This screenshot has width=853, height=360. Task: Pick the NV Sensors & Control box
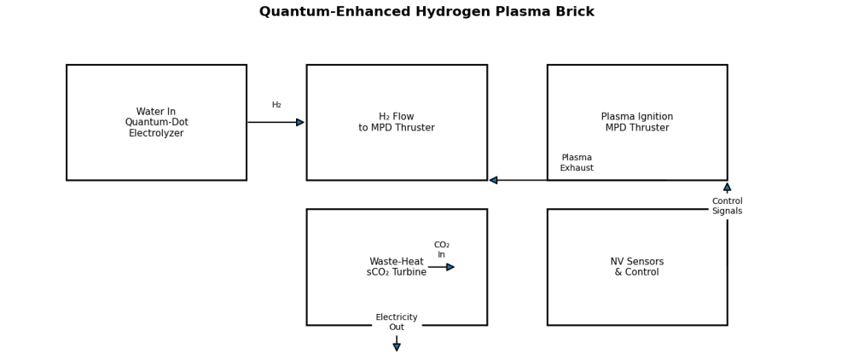pos(636,299)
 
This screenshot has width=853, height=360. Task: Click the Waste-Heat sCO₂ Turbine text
pos(397,267)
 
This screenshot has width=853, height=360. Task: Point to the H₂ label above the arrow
pos(276,105)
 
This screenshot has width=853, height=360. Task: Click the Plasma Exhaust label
pos(577,163)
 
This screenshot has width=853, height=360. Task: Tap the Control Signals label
pos(727,206)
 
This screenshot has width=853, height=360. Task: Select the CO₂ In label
pos(441,250)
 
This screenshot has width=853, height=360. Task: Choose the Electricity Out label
pos(397,322)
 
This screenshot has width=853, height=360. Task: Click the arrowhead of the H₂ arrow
pos(300,122)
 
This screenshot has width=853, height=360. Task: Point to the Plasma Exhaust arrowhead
pos(493,180)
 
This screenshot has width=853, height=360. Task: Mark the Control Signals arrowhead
pos(727,187)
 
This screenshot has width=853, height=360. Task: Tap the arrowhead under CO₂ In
pos(450,267)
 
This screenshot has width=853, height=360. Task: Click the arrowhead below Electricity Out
pos(397,347)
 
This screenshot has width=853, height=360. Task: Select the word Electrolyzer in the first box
pos(156,133)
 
